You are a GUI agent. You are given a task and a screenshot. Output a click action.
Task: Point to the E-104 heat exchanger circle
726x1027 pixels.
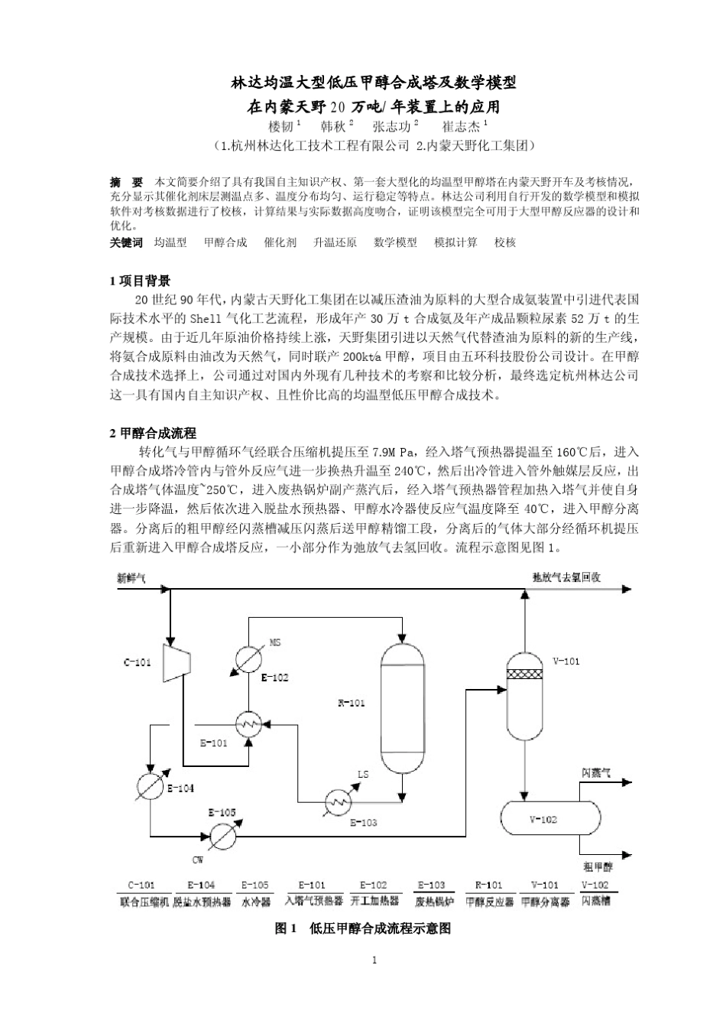pyautogui.click(x=150, y=785)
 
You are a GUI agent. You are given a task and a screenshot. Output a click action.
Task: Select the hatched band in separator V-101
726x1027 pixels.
pyautogui.click(x=524, y=674)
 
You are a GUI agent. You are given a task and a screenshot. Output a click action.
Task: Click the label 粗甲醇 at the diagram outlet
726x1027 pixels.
pyautogui.click(x=599, y=867)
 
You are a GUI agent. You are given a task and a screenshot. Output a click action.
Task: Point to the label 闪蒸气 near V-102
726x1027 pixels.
pyautogui.click(x=596, y=773)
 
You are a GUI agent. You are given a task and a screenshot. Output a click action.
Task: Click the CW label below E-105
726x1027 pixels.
pyautogui.click(x=198, y=860)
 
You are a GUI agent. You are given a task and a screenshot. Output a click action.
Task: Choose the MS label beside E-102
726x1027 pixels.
pyautogui.click(x=276, y=642)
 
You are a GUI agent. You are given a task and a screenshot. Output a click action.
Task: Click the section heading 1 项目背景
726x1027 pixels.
pyautogui.click(x=141, y=281)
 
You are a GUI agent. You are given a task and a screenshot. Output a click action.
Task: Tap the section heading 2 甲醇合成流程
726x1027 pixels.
pyautogui.click(x=154, y=434)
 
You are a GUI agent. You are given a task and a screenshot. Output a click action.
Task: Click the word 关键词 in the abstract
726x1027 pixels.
pyautogui.click(x=127, y=242)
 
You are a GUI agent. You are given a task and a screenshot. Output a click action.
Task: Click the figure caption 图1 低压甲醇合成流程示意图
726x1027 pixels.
pyautogui.click(x=363, y=928)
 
